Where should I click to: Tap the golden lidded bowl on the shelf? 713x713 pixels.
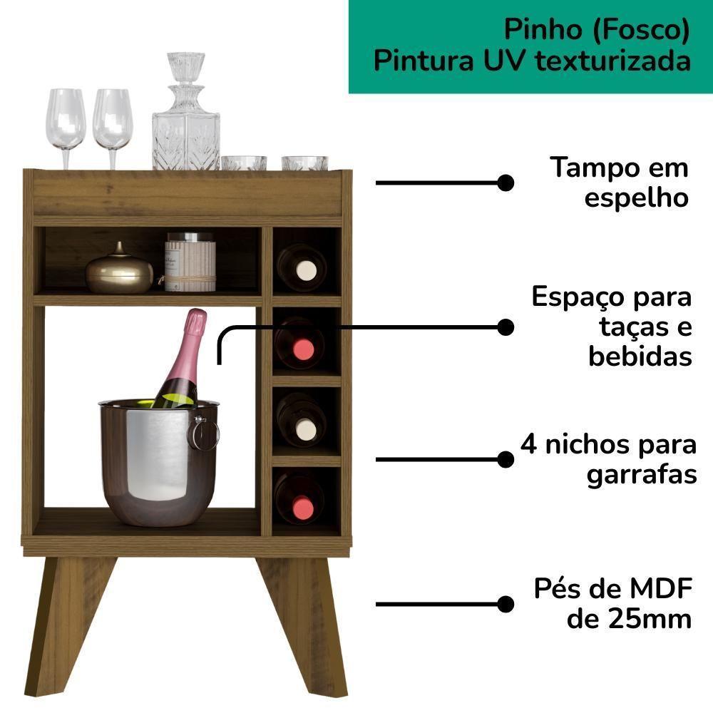(119, 271)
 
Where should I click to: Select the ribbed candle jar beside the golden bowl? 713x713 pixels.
(190, 262)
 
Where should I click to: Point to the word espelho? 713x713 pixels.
(637, 198)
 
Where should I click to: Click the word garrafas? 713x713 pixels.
(642, 474)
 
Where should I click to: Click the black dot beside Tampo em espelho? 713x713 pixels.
(506, 183)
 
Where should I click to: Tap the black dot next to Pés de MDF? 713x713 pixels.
(506, 604)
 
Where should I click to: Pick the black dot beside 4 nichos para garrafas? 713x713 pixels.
(506, 459)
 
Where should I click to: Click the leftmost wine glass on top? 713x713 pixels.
(67, 121)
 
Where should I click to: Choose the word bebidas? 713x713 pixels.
(640, 356)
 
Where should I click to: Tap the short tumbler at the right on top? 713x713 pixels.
(304, 163)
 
